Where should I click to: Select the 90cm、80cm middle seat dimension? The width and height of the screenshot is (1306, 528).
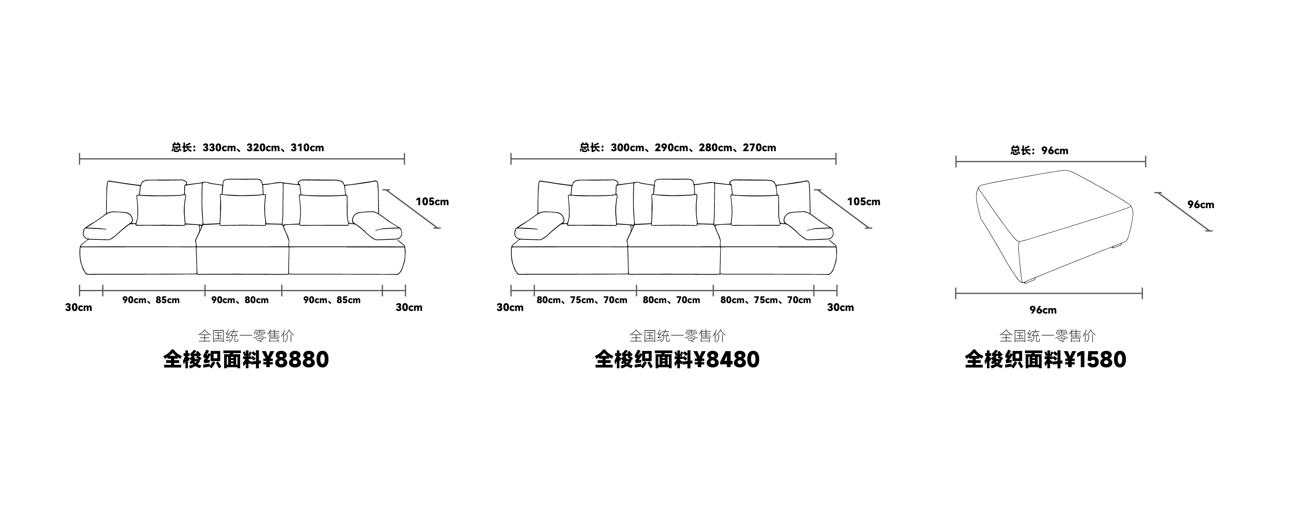pos(240,300)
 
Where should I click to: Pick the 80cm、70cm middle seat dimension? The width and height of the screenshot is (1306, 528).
pos(671,300)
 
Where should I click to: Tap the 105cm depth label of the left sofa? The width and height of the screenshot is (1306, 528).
pos(432,202)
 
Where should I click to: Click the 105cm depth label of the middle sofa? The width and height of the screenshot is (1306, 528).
pos(863,202)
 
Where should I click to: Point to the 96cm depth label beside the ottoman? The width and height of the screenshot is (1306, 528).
pos(1201,205)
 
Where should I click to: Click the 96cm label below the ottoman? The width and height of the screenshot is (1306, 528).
pos(1043,310)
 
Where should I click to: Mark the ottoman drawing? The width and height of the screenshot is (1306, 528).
pos(1055,226)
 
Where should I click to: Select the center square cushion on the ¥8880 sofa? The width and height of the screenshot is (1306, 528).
pos(242,210)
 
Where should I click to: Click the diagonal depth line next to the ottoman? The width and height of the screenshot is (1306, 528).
pos(1183,211)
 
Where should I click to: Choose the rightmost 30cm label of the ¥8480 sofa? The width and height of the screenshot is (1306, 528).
pos(840,307)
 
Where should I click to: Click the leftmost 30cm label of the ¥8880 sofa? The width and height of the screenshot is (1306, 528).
pos(79,307)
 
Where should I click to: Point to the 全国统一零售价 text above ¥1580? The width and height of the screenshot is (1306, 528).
pos(1047,336)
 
